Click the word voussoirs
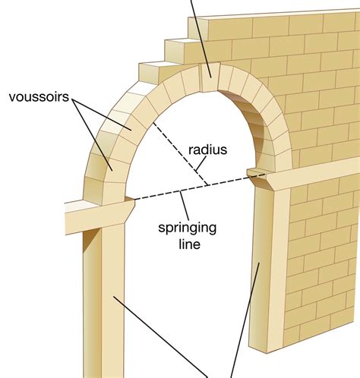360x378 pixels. point(39,97)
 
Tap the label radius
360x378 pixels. point(207,150)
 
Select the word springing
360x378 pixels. point(188,228)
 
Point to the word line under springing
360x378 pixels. point(190,244)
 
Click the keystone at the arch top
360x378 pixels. point(210,77)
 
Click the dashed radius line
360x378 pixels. point(180,153)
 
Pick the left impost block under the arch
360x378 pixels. point(99,216)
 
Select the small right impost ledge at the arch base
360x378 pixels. point(256,172)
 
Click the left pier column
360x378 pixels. point(103,301)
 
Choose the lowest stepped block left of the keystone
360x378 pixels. point(154,72)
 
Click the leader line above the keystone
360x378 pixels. point(201,38)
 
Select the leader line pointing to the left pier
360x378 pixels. point(160,337)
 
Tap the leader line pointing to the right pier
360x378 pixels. point(245,320)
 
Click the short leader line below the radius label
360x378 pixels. point(201,164)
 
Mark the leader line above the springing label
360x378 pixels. point(185,206)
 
